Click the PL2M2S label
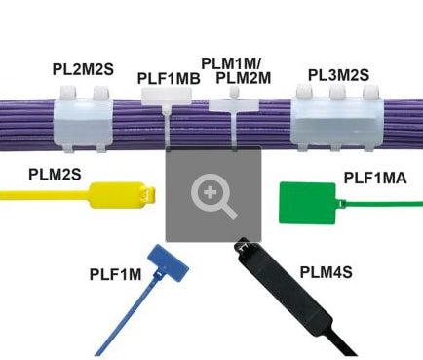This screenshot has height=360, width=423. coord(83,69)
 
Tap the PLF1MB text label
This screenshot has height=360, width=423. coord(170,78)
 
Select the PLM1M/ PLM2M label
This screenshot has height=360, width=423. coord(243,70)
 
